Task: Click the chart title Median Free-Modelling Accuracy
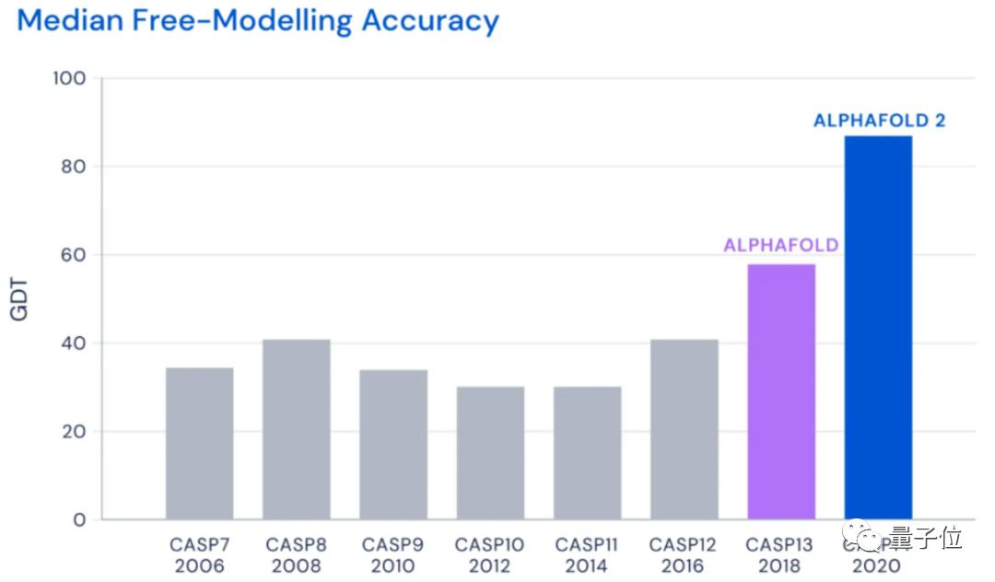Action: tap(258, 20)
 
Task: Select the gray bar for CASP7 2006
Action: tap(199, 443)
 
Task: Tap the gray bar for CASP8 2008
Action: tap(297, 429)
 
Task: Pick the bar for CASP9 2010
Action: tap(393, 444)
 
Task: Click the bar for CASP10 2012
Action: tap(490, 452)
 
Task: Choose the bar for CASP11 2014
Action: tap(587, 452)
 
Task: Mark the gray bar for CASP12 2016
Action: tap(684, 429)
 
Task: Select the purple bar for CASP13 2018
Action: tap(781, 391)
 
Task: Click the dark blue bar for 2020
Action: tap(878, 327)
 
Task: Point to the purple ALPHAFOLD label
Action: tap(781, 246)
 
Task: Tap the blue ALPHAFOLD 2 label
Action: tap(879, 121)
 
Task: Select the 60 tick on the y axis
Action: tap(74, 255)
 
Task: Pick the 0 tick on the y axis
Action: tap(79, 520)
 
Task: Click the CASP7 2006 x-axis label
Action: tap(199, 555)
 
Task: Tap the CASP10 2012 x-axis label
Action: tap(490, 555)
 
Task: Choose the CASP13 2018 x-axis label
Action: tap(781, 555)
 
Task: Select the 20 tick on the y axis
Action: tap(74, 432)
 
